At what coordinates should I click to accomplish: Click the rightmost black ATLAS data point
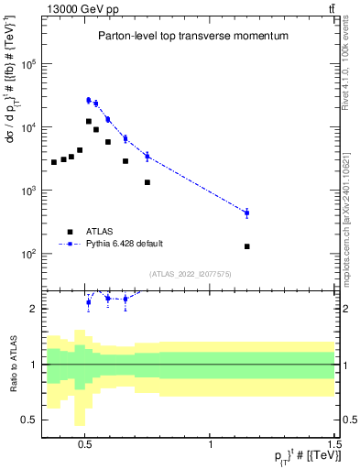(x=247, y=246)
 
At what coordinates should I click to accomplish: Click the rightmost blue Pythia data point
(x=247, y=213)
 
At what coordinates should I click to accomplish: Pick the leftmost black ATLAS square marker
(x=54, y=162)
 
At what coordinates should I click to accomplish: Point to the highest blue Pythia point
(x=89, y=100)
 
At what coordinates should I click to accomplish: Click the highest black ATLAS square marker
(x=89, y=121)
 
